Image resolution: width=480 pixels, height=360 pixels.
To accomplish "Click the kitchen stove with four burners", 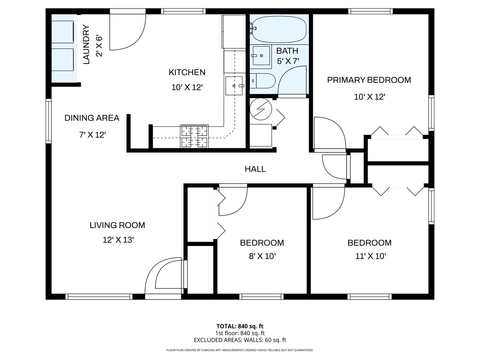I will [194, 136].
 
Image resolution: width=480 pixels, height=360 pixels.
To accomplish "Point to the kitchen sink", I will [234, 86].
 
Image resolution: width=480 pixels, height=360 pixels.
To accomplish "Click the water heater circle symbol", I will [261, 109].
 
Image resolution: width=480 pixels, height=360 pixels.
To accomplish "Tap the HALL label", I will [255, 169].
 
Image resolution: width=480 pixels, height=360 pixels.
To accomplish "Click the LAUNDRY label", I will [86, 45].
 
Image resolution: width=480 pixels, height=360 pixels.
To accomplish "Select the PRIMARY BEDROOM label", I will [369, 80].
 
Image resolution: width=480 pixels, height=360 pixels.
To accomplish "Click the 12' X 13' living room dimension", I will [118, 240].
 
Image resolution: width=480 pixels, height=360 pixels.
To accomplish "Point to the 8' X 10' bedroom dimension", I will [262, 256].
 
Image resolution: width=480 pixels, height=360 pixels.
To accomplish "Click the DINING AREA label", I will [92, 118].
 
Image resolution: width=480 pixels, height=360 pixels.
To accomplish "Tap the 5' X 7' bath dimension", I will [288, 61].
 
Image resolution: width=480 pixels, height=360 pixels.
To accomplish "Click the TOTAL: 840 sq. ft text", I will [240, 326].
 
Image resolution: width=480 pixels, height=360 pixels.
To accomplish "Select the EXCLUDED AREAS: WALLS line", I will [240, 340].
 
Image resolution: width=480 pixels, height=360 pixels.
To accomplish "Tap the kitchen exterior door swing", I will [127, 32].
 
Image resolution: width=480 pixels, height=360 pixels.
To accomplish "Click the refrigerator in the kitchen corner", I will [234, 32].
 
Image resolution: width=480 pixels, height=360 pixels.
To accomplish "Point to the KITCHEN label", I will [187, 72].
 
